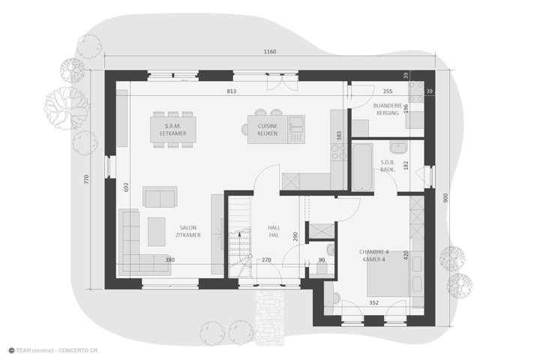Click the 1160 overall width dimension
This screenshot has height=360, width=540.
click(x=270, y=52)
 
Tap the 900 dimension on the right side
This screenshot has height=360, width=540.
click(x=445, y=198)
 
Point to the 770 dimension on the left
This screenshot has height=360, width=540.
click(x=86, y=179)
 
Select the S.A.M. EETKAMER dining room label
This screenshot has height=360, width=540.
click(x=173, y=130)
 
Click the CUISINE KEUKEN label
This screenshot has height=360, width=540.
click(x=268, y=130)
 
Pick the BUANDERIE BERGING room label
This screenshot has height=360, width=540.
click(x=388, y=109)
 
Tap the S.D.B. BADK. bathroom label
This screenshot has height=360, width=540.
click(x=388, y=166)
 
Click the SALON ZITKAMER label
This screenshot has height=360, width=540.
click(x=188, y=232)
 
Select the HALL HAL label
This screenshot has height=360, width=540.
click(x=274, y=232)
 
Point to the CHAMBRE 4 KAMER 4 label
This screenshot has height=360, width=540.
click(x=374, y=256)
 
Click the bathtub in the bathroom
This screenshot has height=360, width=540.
click(x=362, y=166)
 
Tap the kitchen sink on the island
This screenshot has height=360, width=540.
click(x=296, y=124)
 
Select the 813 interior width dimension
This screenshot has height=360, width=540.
click(x=232, y=91)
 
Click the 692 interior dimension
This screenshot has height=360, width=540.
click(x=126, y=187)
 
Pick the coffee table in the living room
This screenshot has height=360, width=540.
click(x=156, y=232)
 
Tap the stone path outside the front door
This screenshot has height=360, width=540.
click(x=270, y=317)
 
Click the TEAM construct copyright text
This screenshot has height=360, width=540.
click(x=53, y=351)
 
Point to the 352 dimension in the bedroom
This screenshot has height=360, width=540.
click(x=373, y=303)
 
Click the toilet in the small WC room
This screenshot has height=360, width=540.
click(x=322, y=267)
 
